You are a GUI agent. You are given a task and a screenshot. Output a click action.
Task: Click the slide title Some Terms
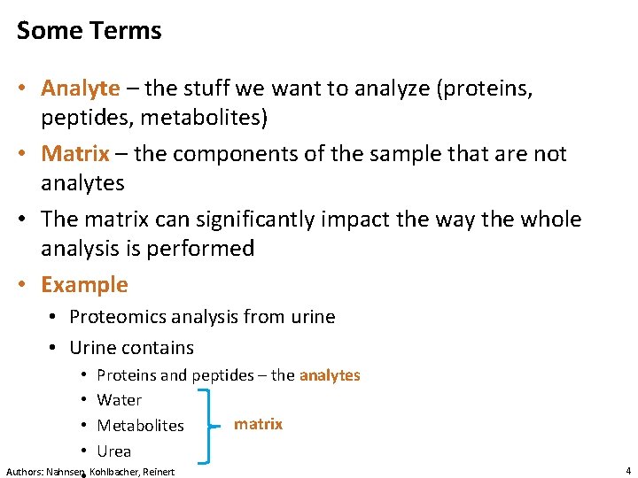89,31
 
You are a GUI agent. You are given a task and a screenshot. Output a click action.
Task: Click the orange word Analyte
80,89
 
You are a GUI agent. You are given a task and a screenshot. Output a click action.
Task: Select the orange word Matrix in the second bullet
74,154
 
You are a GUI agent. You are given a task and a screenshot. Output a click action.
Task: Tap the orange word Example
84,285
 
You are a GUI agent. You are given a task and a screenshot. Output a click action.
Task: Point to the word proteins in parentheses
484,89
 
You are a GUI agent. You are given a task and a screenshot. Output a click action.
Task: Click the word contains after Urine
159,348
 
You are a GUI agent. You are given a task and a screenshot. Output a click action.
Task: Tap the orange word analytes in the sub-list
330,375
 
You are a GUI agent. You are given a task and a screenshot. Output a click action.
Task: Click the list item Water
119,400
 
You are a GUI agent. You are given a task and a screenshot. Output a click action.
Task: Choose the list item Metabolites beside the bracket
140,426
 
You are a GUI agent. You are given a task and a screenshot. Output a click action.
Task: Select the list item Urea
113,451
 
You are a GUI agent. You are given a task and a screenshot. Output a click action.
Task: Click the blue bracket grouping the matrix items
207,425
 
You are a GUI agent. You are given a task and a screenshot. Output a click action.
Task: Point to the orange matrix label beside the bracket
258,424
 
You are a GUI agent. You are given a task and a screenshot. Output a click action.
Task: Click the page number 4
627,471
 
